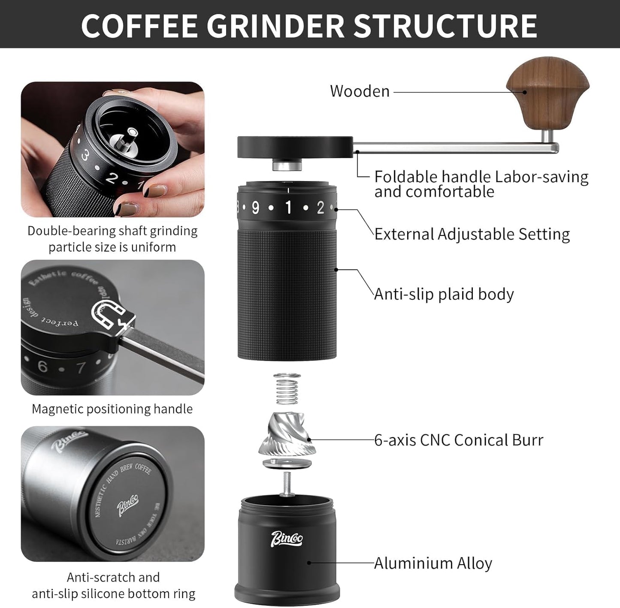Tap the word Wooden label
pyautogui.click(x=360, y=91)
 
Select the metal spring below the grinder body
pyautogui.click(x=287, y=388)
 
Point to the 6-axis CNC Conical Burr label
pyautogui.click(x=458, y=440)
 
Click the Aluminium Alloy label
pyautogui.click(x=432, y=563)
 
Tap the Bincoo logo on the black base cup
pyautogui.click(x=287, y=539)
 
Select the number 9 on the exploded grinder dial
pyautogui.click(x=256, y=208)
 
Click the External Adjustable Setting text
pyautogui.click(x=472, y=234)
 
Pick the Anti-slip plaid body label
pyautogui.click(x=444, y=294)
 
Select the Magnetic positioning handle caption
pyautogui.click(x=112, y=409)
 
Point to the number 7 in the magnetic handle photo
pyautogui.click(x=81, y=368)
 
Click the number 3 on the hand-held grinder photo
pyautogui.click(x=85, y=156)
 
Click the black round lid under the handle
pyautogui.click(x=295, y=146)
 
